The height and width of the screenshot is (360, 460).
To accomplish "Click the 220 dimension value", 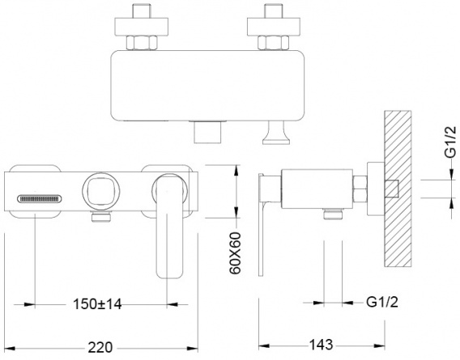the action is (x=100, y=348).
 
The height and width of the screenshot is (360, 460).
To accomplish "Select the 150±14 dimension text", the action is (x=97, y=304).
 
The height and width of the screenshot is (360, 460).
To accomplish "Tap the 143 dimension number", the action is (x=321, y=345).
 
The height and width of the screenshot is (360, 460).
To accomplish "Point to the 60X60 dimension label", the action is (x=235, y=253).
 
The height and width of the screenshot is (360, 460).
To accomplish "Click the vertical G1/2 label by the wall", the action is (x=450, y=142).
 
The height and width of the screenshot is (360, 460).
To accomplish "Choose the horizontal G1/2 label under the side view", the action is (x=382, y=302).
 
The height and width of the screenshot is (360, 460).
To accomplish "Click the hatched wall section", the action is (x=398, y=188).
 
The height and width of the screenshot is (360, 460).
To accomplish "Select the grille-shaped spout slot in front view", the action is (x=40, y=199).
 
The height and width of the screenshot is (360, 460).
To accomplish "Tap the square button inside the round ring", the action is (x=101, y=192).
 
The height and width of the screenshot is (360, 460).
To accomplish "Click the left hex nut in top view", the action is (x=142, y=43).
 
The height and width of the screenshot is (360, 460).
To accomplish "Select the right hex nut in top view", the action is (x=274, y=43).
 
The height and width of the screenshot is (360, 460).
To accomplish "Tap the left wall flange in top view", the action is (x=142, y=27).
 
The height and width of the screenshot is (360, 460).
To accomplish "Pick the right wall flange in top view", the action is (x=274, y=27).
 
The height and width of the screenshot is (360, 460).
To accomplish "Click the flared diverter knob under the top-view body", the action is (x=276, y=133).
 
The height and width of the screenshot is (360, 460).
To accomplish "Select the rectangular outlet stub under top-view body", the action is (x=207, y=132).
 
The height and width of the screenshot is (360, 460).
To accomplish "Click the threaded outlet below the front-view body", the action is (x=101, y=216).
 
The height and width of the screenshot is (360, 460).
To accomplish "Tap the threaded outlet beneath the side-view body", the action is (x=333, y=214).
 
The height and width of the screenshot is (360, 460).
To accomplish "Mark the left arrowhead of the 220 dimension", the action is (x=10, y=349).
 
